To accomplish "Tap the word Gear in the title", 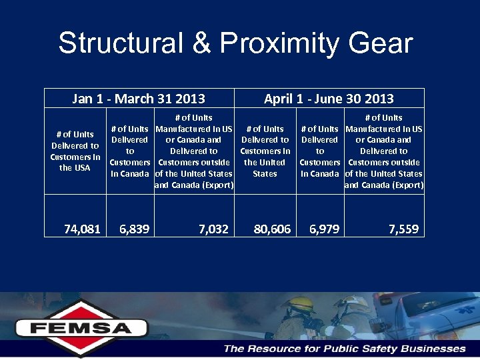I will click(x=384, y=43).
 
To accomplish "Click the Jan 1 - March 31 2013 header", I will click(x=139, y=99).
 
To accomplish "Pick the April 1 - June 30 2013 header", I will click(x=329, y=99).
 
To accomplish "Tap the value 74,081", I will click(x=82, y=229).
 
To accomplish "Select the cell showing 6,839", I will click(x=134, y=229).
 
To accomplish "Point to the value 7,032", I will click(x=213, y=229).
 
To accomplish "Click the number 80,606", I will click(x=272, y=229).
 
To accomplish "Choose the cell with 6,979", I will click(x=324, y=229).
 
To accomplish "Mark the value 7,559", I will click(x=403, y=229).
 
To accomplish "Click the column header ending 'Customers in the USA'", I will click(x=75, y=151).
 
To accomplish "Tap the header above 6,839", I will click(x=129, y=151).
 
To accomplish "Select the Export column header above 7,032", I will click(x=193, y=151).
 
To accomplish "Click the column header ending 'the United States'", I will click(x=265, y=151).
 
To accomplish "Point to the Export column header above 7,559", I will click(x=384, y=151).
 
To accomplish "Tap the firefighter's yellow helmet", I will click(x=296, y=303).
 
